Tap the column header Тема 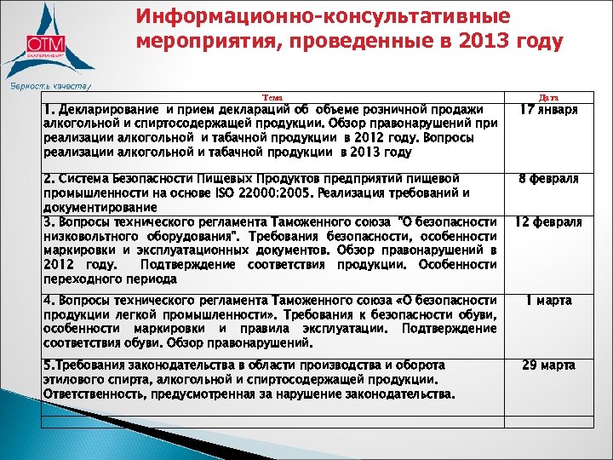(x=273, y=98)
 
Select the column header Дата (x=549, y=98)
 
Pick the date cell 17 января (x=549, y=110)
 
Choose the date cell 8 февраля (x=549, y=179)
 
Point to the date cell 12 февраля (x=549, y=221)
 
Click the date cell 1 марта (x=549, y=301)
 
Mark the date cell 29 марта (x=549, y=365)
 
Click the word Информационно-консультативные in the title (x=323, y=17)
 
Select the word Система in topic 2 (x=86, y=178)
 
